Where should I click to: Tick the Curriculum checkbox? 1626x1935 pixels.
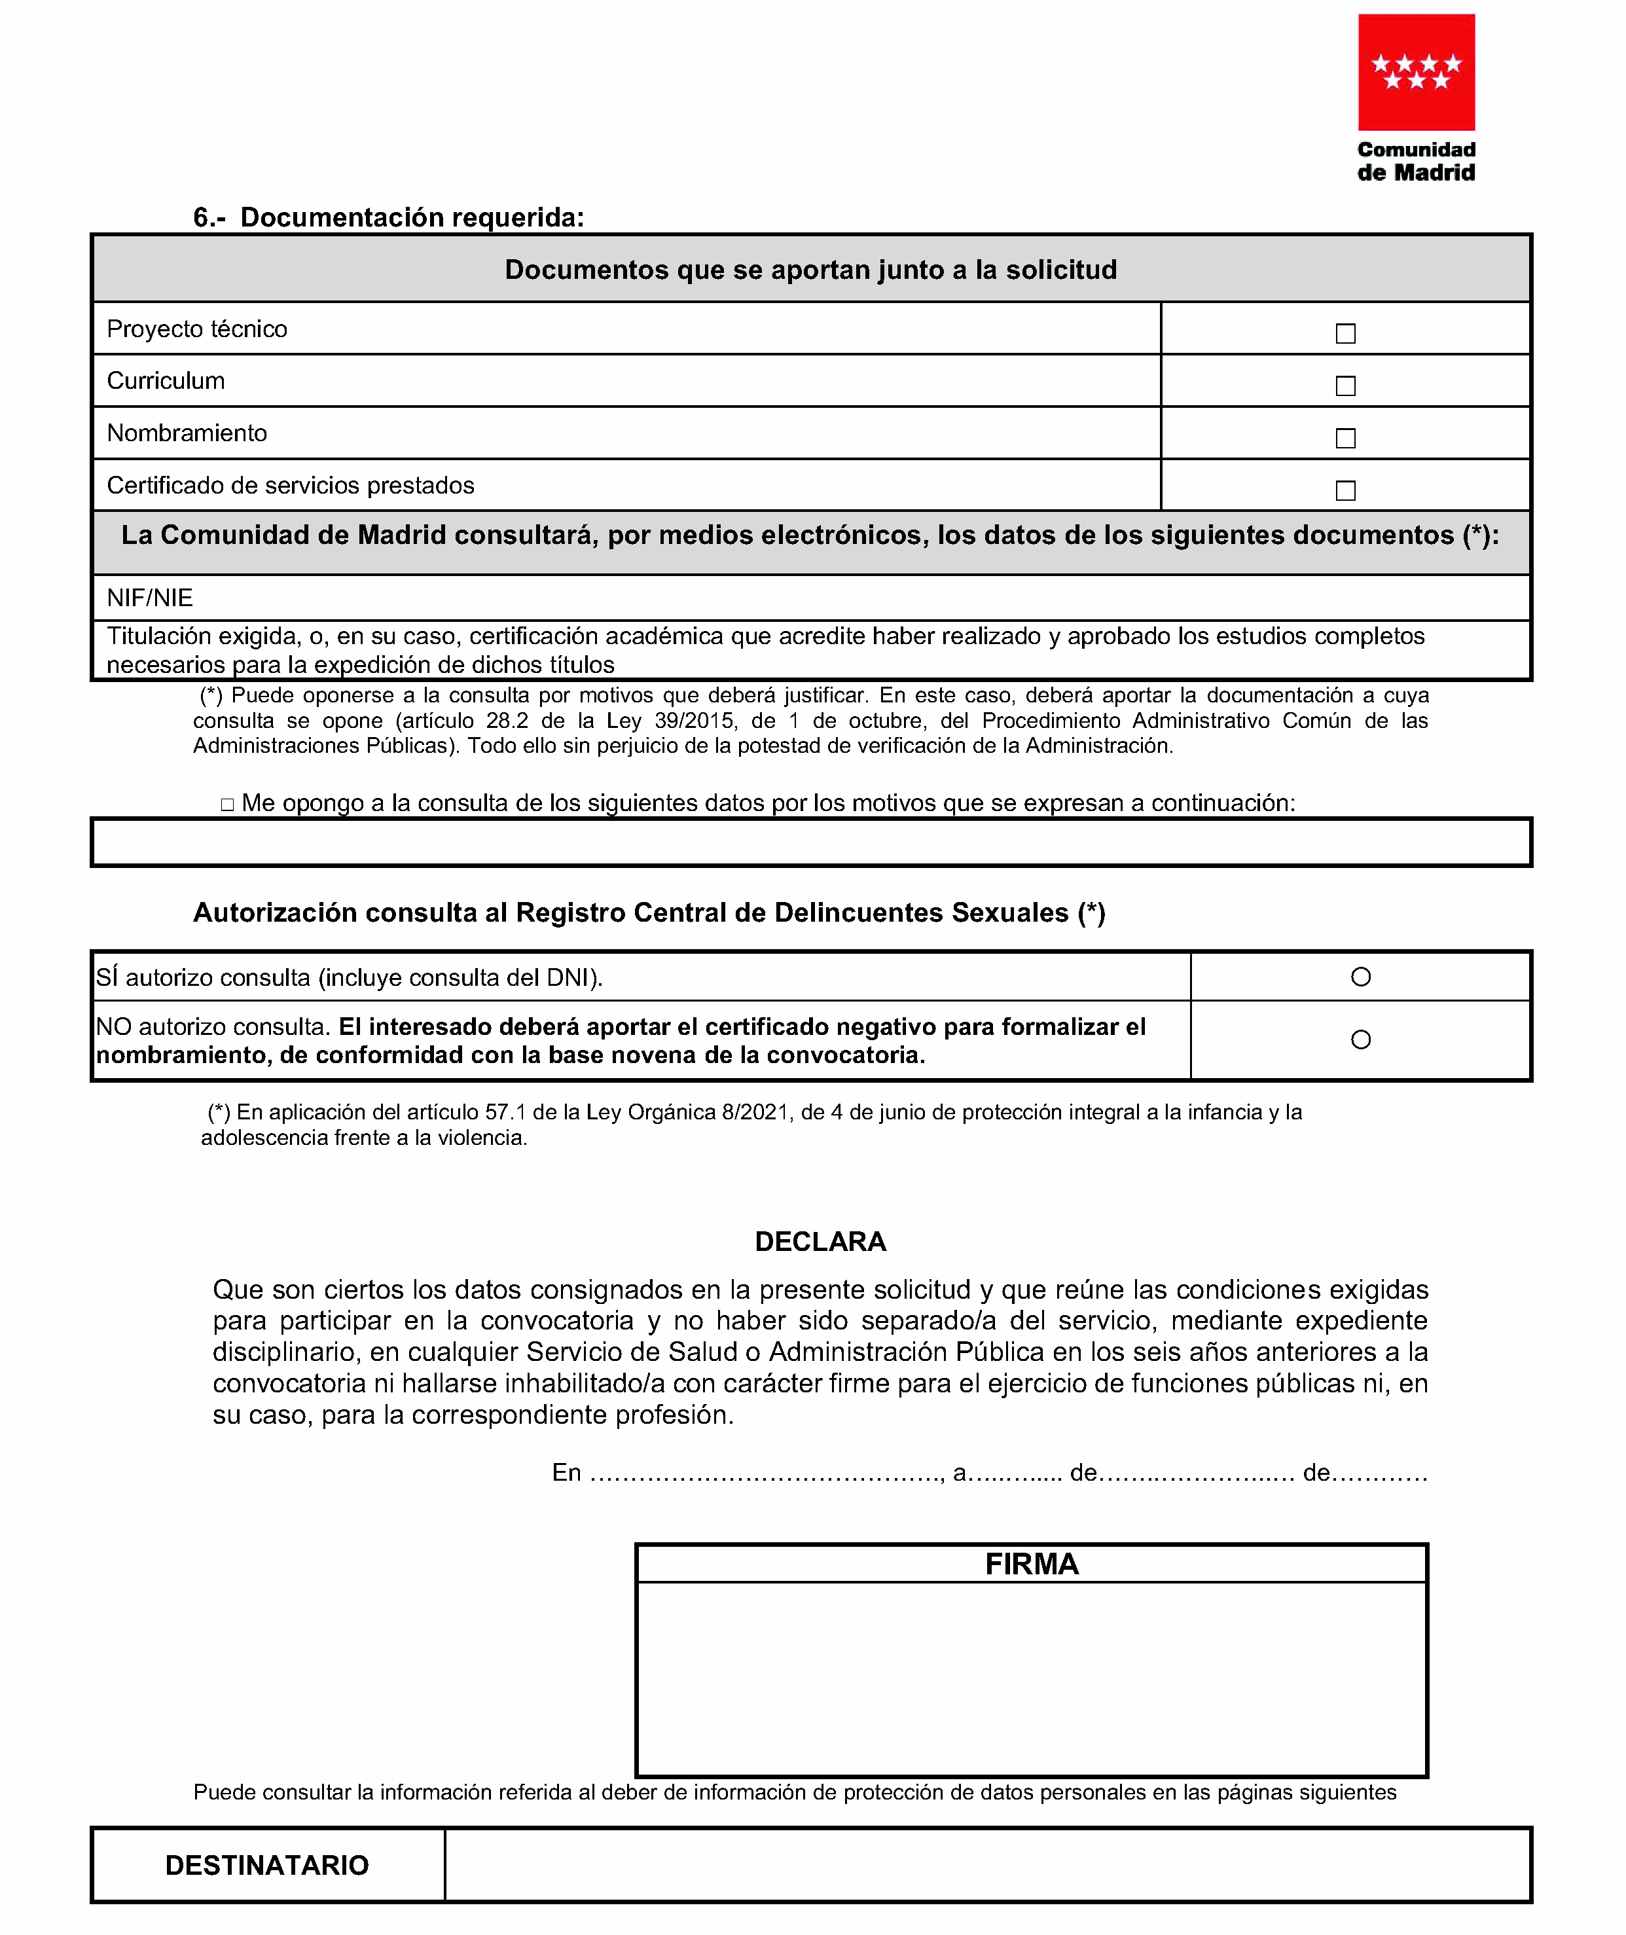tap(1345, 386)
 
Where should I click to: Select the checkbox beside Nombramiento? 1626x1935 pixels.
tap(1345, 438)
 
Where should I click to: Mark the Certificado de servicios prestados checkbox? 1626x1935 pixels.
tap(1345, 490)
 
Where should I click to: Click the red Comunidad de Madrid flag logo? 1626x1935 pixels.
tap(1416, 72)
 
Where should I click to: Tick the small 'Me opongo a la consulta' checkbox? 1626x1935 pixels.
tap(228, 805)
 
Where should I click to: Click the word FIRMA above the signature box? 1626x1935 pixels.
tap(1032, 1564)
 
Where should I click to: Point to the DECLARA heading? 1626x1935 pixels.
tap(820, 1242)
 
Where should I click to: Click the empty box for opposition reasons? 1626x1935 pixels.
tap(811, 842)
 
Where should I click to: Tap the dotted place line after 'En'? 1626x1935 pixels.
tap(765, 1473)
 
